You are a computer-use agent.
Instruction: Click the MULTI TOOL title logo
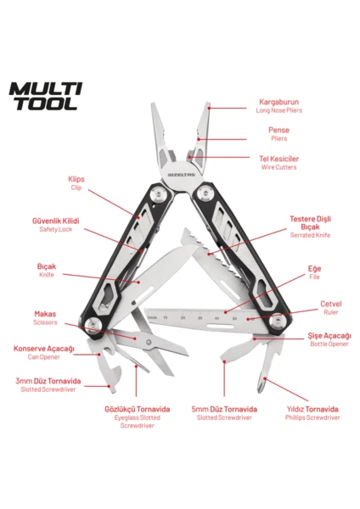point(46,97)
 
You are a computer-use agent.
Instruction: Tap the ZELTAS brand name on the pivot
point(182,175)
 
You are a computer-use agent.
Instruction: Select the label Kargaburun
point(278,102)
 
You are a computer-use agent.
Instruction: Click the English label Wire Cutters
point(278,167)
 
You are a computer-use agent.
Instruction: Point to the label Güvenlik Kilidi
point(55,221)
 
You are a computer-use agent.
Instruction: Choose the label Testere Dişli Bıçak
point(310,222)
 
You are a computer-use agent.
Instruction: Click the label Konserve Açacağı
point(44,349)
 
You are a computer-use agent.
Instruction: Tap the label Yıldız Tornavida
point(312,409)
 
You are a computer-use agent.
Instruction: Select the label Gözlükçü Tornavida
point(137,409)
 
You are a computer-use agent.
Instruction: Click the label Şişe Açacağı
point(329,336)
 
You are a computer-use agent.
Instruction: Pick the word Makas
point(45,314)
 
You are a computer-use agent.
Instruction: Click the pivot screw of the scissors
point(149,342)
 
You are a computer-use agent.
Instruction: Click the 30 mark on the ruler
point(200,318)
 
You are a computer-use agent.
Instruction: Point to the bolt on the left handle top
point(158,193)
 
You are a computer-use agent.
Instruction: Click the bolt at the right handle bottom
point(278,322)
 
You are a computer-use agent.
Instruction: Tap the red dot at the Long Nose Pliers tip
point(209,108)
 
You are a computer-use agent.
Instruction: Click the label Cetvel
point(331,304)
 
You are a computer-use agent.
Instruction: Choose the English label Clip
point(76,187)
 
